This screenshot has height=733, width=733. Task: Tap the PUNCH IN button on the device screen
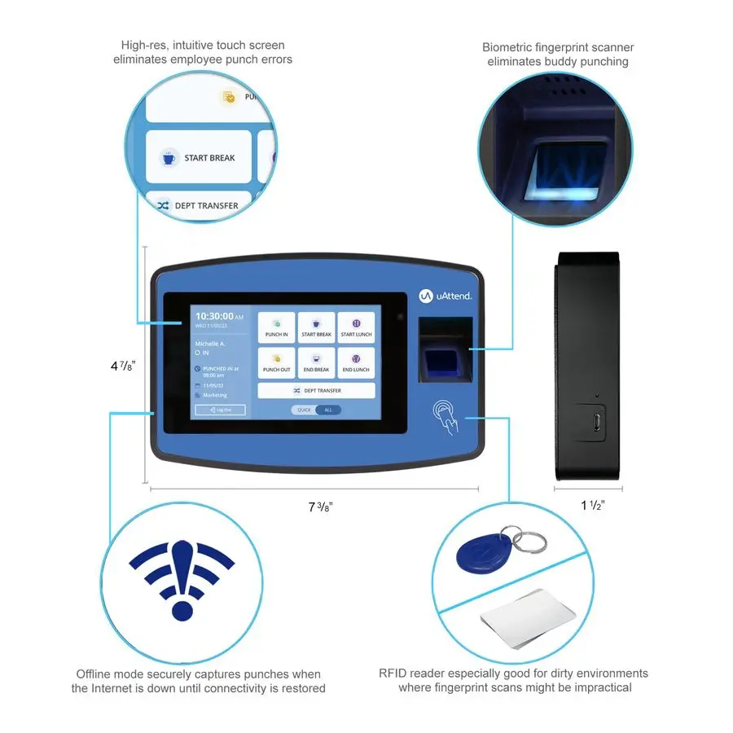click(x=276, y=328)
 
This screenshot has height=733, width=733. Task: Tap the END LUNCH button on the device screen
click(x=356, y=363)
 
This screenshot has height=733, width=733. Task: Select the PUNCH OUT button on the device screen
click(x=276, y=363)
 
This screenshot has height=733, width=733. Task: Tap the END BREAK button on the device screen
click(x=316, y=363)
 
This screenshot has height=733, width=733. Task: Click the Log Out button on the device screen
click(x=220, y=410)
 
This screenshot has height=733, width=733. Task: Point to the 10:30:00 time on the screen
click(x=214, y=316)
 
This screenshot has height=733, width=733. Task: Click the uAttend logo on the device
click(x=445, y=296)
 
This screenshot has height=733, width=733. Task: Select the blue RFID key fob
click(x=488, y=551)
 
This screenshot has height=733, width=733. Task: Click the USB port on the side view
click(x=597, y=422)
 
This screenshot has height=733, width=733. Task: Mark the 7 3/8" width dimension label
click(x=320, y=507)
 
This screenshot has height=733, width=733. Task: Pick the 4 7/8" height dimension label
click(x=122, y=366)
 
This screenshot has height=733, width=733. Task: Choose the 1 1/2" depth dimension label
click(x=592, y=506)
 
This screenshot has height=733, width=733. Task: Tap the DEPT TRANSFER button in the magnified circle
click(x=198, y=205)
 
